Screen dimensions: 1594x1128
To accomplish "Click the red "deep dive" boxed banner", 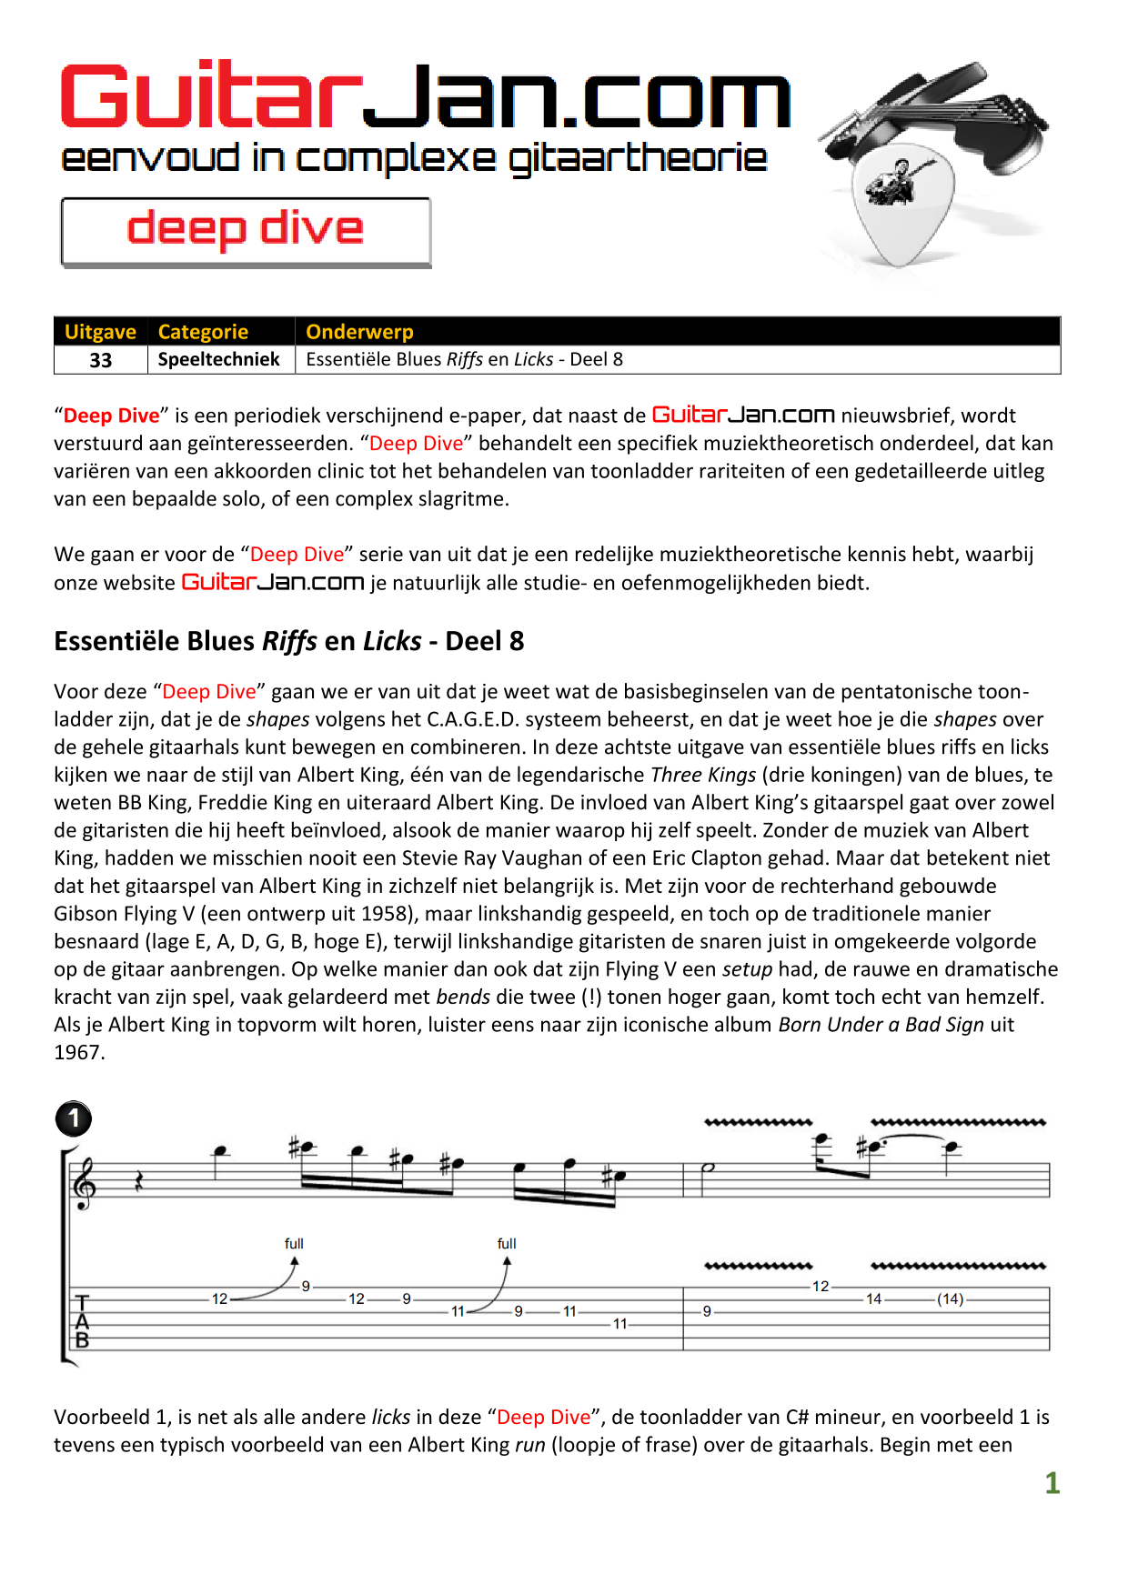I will tap(246, 231).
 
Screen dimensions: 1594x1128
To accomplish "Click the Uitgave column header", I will tap(100, 332).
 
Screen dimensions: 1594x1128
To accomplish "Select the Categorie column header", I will tap(203, 332).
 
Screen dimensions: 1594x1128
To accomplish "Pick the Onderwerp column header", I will tap(359, 332).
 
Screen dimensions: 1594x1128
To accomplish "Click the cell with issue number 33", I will tap(101, 360).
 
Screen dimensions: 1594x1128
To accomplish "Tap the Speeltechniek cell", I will tap(219, 359).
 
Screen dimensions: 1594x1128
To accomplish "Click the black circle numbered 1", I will tap(74, 1118).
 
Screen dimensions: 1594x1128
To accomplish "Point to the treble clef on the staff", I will tap(85, 1184).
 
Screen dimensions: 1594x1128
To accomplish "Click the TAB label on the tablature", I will tap(83, 1321).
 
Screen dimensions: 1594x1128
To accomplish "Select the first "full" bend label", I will tap(294, 1243).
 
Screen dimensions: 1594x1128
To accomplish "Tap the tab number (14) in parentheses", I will tap(951, 1299).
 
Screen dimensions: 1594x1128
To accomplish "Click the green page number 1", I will tap(1052, 1483).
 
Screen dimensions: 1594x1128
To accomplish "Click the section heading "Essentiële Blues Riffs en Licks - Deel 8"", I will tap(289, 641).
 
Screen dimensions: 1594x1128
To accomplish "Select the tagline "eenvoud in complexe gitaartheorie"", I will tap(414, 159).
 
